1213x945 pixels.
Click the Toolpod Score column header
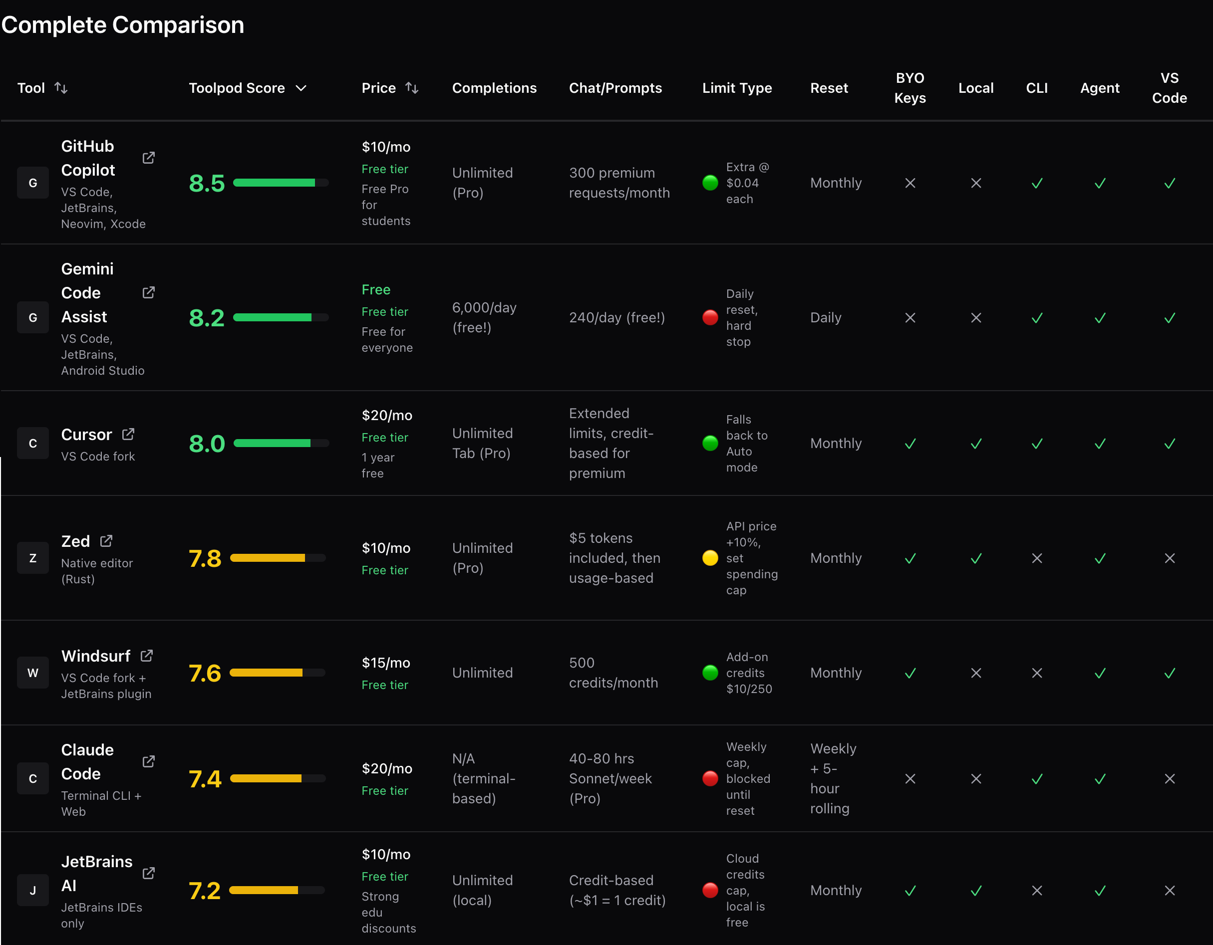[x=237, y=88]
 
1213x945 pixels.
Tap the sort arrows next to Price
[x=411, y=88]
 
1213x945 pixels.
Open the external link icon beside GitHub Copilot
[x=148, y=158]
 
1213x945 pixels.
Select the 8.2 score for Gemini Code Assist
[x=207, y=318]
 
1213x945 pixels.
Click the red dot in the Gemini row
[x=710, y=318]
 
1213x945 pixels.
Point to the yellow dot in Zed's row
[x=710, y=558]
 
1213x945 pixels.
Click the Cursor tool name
[x=87, y=434]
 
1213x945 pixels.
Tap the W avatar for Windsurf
[x=33, y=673]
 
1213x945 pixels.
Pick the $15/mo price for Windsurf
[x=385, y=663]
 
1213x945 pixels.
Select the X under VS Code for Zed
[x=1169, y=558]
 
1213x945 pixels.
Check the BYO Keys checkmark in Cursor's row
[x=910, y=444]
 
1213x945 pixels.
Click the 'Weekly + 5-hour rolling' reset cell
[x=833, y=778]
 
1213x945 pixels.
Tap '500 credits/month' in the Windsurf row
[x=612, y=673]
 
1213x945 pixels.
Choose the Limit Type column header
[x=736, y=88]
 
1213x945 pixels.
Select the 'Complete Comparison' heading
[x=123, y=25]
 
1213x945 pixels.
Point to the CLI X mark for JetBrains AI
[x=1036, y=891]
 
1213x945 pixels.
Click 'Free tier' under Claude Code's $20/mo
[x=384, y=791]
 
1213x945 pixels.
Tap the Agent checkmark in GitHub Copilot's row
[x=1100, y=183]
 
